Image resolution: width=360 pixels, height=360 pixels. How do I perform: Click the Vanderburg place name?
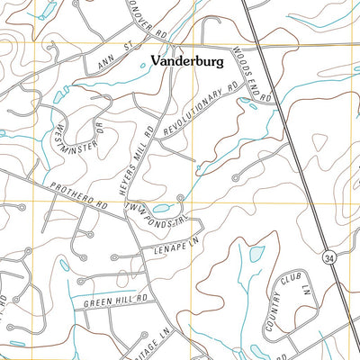pyautogui.click(x=186, y=61)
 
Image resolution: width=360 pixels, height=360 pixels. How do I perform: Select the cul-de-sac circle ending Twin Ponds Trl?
pyautogui.click(x=182, y=198)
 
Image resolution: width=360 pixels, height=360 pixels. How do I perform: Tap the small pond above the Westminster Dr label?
pyautogui.click(x=59, y=95)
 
